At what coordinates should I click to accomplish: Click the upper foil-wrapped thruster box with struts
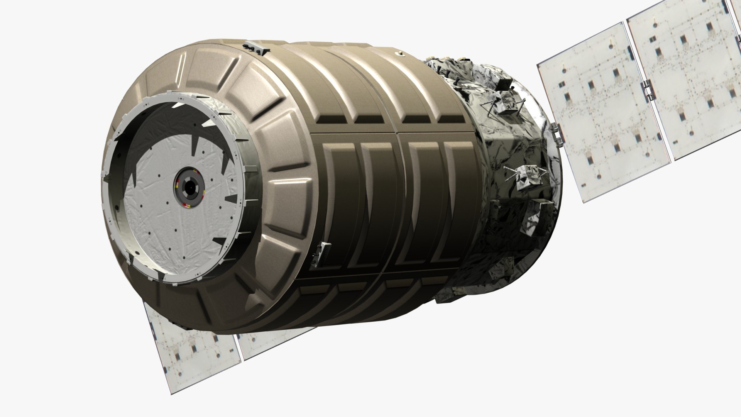pyautogui.click(x=502, y=104)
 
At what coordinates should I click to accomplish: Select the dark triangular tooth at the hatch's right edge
pyautogui.click(x=232, y=199)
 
